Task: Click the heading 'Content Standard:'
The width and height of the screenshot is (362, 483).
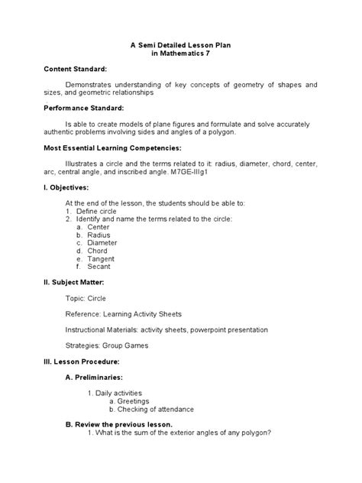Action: [75, 70]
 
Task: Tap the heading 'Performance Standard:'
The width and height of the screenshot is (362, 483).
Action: [85, 108]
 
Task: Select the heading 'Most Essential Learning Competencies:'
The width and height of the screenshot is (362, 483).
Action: [112, 147]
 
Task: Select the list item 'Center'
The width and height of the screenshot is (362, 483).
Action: [99, 227]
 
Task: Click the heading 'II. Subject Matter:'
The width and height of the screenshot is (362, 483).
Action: [79, 283]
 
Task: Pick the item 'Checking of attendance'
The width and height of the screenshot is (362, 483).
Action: [155, 409]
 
